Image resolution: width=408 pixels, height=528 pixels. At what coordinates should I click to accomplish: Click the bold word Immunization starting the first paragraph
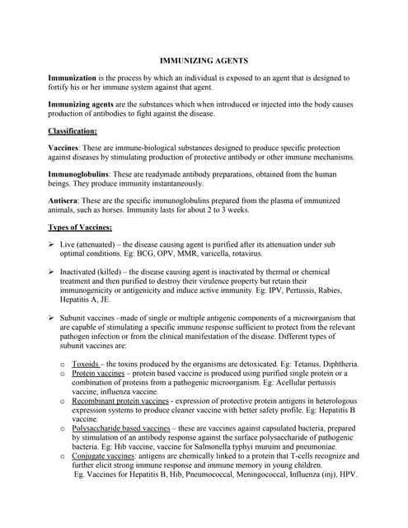[76, 78]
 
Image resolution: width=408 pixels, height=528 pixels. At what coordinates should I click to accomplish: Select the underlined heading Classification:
[73, 131]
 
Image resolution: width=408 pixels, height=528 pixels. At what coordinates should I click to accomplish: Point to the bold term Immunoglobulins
[80, 175]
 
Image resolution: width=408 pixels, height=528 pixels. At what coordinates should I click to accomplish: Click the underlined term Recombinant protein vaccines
[121, 400]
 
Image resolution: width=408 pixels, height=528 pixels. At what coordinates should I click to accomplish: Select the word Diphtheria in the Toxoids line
[336, 364]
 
